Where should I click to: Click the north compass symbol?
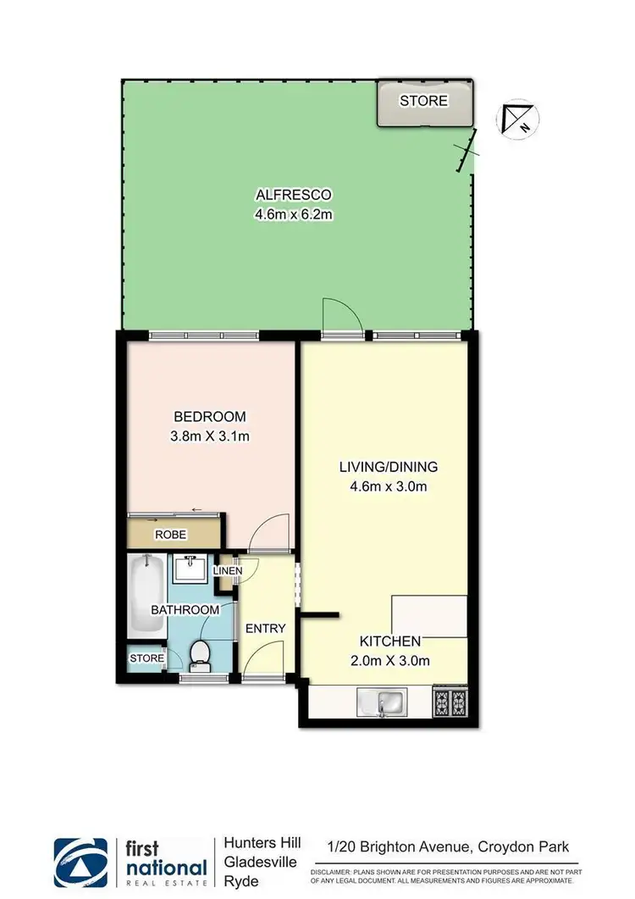(x=516, y=119)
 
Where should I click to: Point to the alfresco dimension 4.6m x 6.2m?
(x=294, y=214)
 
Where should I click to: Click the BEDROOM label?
(x=209, y=416)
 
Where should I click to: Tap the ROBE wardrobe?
(x=170, y=535)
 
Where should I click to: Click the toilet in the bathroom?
(x=201, y=653)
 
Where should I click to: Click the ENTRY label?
(x=265, y=628)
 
